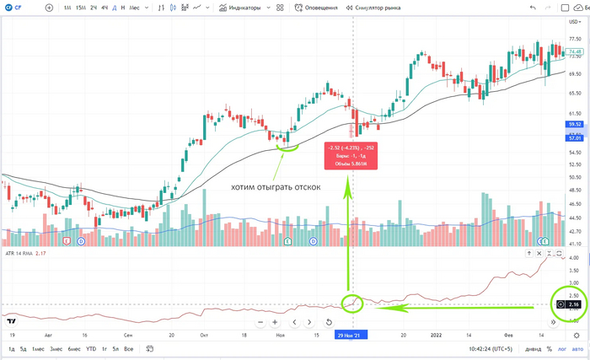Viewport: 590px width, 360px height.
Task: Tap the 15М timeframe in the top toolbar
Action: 80,8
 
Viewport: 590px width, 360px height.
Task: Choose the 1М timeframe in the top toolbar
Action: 67,8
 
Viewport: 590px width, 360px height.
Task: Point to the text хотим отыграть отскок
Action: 276,187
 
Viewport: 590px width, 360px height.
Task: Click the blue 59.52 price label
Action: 576,125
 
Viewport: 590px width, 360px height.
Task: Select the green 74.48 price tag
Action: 576,52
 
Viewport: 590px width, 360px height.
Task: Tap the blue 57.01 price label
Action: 576,137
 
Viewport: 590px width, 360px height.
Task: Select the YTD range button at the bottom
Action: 90,349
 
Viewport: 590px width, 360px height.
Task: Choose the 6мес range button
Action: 75,349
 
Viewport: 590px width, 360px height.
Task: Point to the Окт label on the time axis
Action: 203,335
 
